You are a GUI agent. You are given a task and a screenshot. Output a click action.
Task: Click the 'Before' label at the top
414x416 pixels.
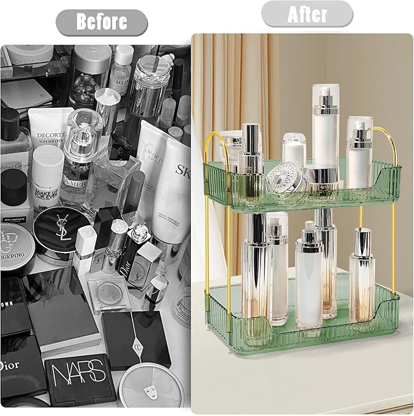click(101, 22)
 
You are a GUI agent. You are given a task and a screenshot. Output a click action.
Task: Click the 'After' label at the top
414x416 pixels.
click(307, 14)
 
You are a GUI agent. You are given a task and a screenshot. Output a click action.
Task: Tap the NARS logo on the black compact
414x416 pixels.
click(73, 373)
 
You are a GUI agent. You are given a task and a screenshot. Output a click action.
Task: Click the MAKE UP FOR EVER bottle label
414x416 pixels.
click(46, 176)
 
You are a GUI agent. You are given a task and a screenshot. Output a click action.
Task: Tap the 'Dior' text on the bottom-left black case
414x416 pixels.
click(11, 365)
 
